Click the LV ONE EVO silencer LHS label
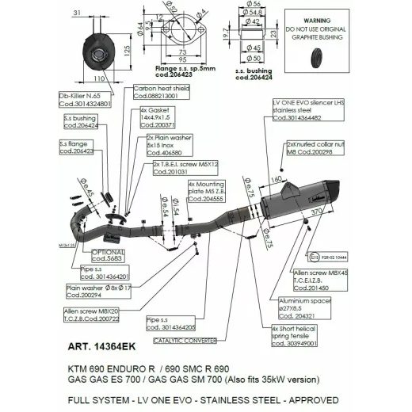(307, 110)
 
